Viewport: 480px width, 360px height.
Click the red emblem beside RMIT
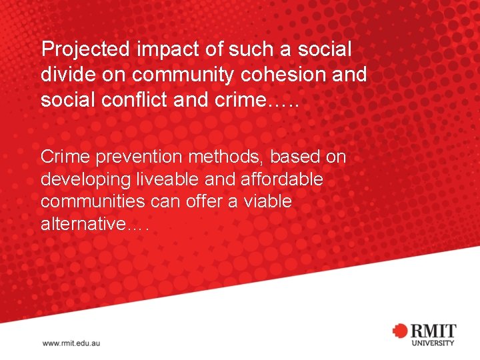click(401, 331)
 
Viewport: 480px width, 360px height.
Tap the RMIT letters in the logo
click(433, 330)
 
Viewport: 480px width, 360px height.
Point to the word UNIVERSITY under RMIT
click(433, 343)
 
